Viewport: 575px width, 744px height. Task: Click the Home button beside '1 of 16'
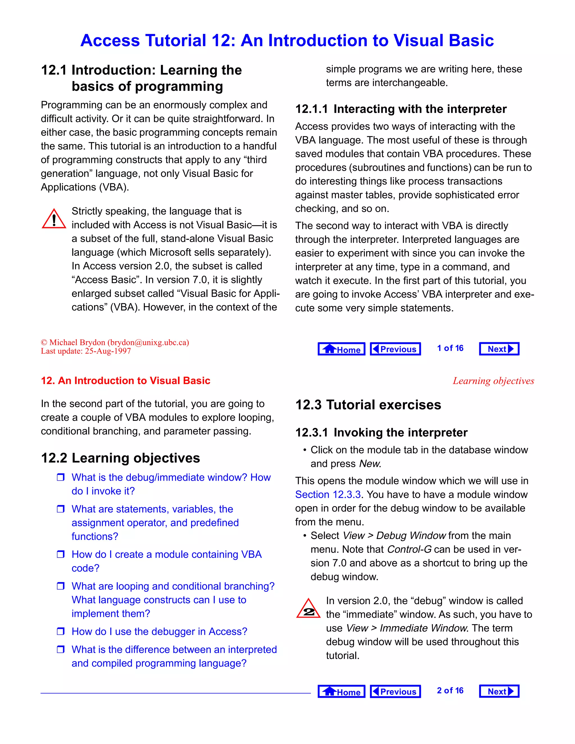point(341,349)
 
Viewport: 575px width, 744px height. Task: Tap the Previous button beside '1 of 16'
point(395,349)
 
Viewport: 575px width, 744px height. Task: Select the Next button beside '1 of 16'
point(499,349)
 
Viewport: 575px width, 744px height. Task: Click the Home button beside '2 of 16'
point(341,691)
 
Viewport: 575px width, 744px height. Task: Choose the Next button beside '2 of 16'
point(499,691)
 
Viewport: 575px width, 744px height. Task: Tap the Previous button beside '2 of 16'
point(395,691)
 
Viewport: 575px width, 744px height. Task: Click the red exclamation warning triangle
point(54,219)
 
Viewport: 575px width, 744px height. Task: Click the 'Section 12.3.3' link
point(328,494)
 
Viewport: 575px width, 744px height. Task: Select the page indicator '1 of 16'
point(450,348)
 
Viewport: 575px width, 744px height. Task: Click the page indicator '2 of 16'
point(450,691)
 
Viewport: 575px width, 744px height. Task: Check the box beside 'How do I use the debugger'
point(61,631)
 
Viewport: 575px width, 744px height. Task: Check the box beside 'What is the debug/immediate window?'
point(61,477)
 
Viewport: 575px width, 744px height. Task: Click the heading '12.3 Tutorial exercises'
point(368,405)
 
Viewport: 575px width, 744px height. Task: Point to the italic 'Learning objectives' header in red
point(493,381)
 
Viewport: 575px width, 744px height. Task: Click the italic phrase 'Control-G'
point(409,549)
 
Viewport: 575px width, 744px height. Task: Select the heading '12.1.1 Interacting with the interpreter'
point(401,109)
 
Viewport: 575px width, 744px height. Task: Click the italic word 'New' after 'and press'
point(369,464)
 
